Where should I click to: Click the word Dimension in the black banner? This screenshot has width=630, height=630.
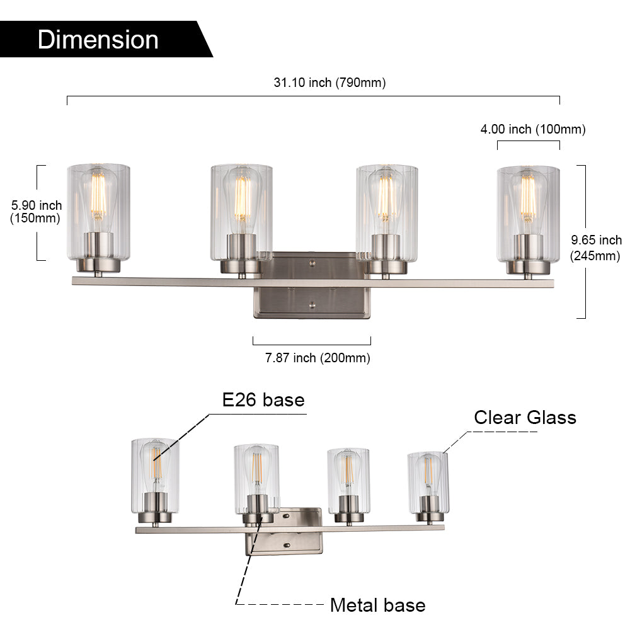(x=98, y=40)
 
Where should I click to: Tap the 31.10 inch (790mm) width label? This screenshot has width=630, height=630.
(x=330, y=83)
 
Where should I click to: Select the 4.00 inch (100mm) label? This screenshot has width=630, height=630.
(x=533, y=129)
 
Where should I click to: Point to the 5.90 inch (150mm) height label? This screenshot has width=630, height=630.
(x=36, y=212)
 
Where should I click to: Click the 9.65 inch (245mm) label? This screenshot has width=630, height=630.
(x=595, y=248)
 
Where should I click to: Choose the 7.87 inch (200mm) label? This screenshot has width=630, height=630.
(x=318, y=358)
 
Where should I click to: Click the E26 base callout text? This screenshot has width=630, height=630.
(x=263, y=400)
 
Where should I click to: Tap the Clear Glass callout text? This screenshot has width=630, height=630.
(x=525, y=418)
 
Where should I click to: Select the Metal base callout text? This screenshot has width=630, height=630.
(x=377, y=605)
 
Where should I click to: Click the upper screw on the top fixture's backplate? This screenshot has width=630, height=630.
(x=312, y=263)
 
